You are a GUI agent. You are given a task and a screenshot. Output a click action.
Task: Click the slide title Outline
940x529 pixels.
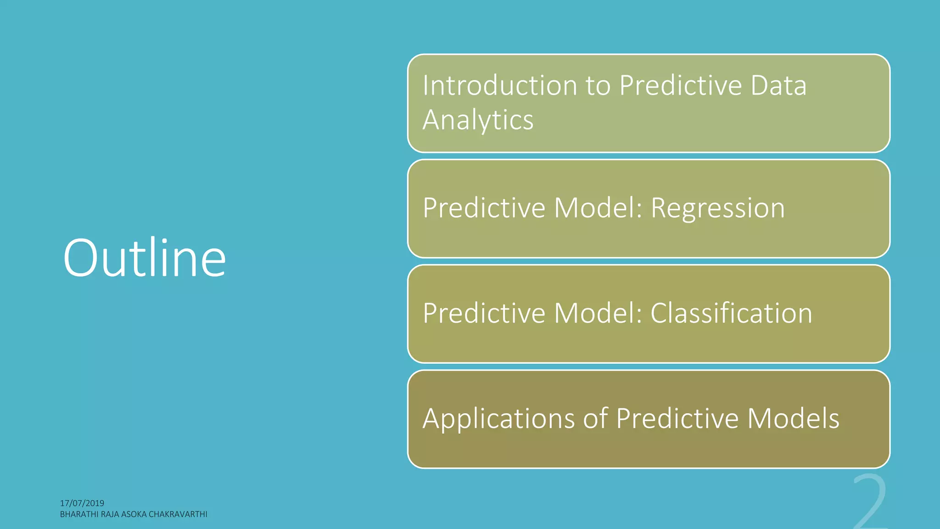pyautogui.click(x=145, y=258)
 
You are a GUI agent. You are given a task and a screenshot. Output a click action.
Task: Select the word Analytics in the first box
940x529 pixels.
pyautogui.click(x=478, y=120)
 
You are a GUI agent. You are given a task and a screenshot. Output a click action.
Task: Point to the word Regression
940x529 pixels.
pyautogui.click(x=718, y=208)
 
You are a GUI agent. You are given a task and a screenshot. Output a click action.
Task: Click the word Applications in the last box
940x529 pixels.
pyautogui.click(x=498, y=419)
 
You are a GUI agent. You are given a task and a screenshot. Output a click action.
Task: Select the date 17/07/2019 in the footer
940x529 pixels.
pyautogui.click(x=82, y=503)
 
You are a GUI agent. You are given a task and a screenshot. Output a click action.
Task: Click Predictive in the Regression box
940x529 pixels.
pyautogui.click(x=484, y=208)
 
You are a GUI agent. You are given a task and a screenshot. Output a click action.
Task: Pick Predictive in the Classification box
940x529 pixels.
pyautogui.click(x=484, y=313)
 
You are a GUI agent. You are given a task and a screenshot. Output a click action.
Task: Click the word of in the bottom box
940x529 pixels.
pyautogui.click(x=595, y=418)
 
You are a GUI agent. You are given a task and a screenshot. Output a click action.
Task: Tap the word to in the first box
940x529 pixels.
pyautogui.click(x=598, y=86)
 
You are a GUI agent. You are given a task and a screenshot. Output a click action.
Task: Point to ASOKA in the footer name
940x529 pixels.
pyautogui.click(x=134, y=514)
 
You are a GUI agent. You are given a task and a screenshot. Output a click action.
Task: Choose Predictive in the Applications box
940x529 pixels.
pyautogui.click(x=677, y=418)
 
